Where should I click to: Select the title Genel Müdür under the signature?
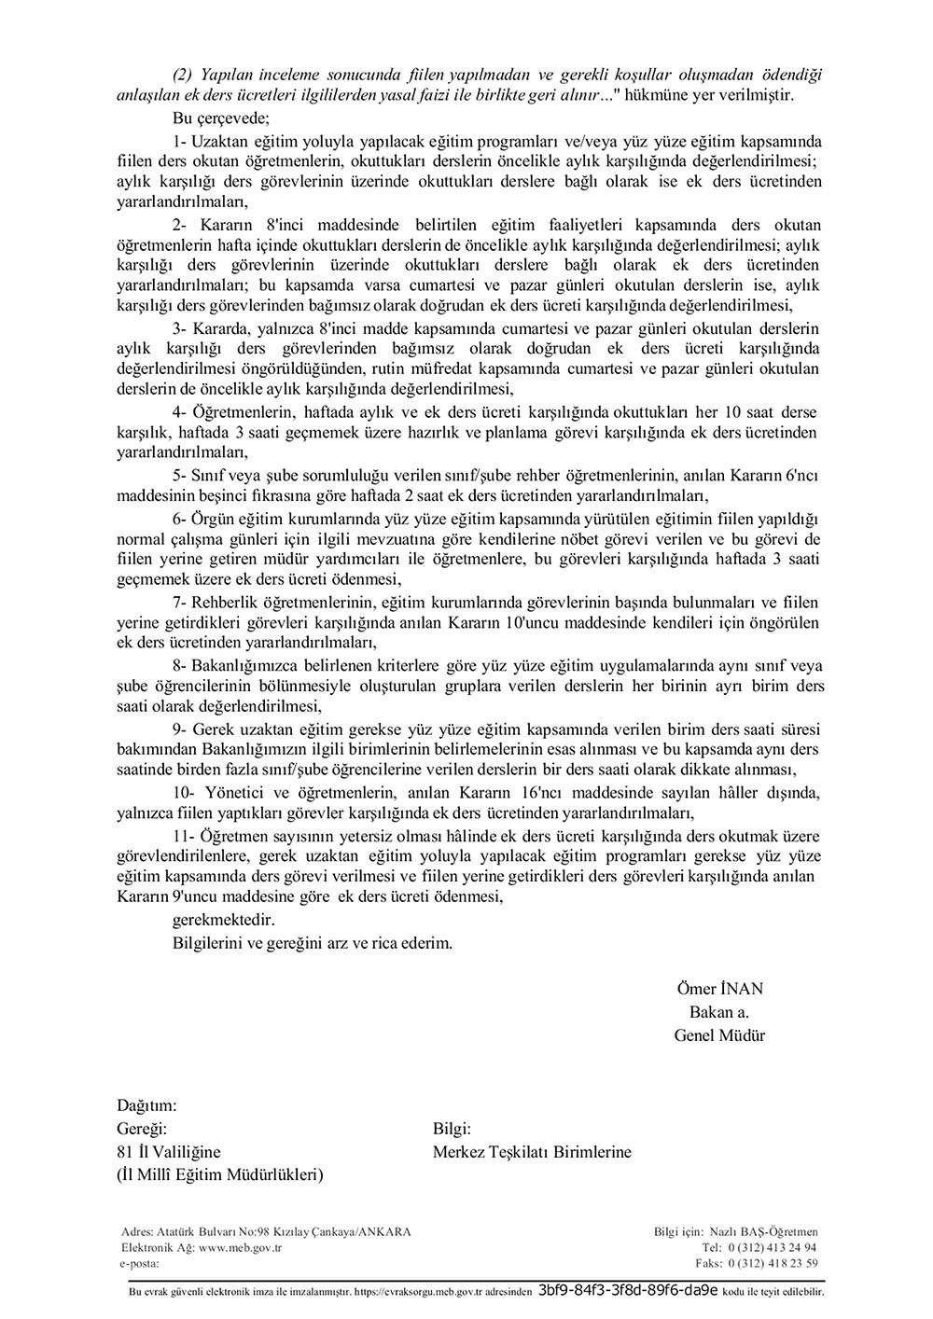pos(719,1034)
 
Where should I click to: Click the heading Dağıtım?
pos(146,1105)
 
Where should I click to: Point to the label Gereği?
pos(142,1129)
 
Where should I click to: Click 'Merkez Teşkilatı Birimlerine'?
pos(532,1152)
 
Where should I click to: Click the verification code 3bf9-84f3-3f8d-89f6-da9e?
pos(628,1293)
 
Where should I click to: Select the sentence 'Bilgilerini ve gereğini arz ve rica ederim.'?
pos(313,943)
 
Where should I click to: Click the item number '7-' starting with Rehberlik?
pos(182,602)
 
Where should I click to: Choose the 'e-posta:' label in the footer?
pos(141,1263)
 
